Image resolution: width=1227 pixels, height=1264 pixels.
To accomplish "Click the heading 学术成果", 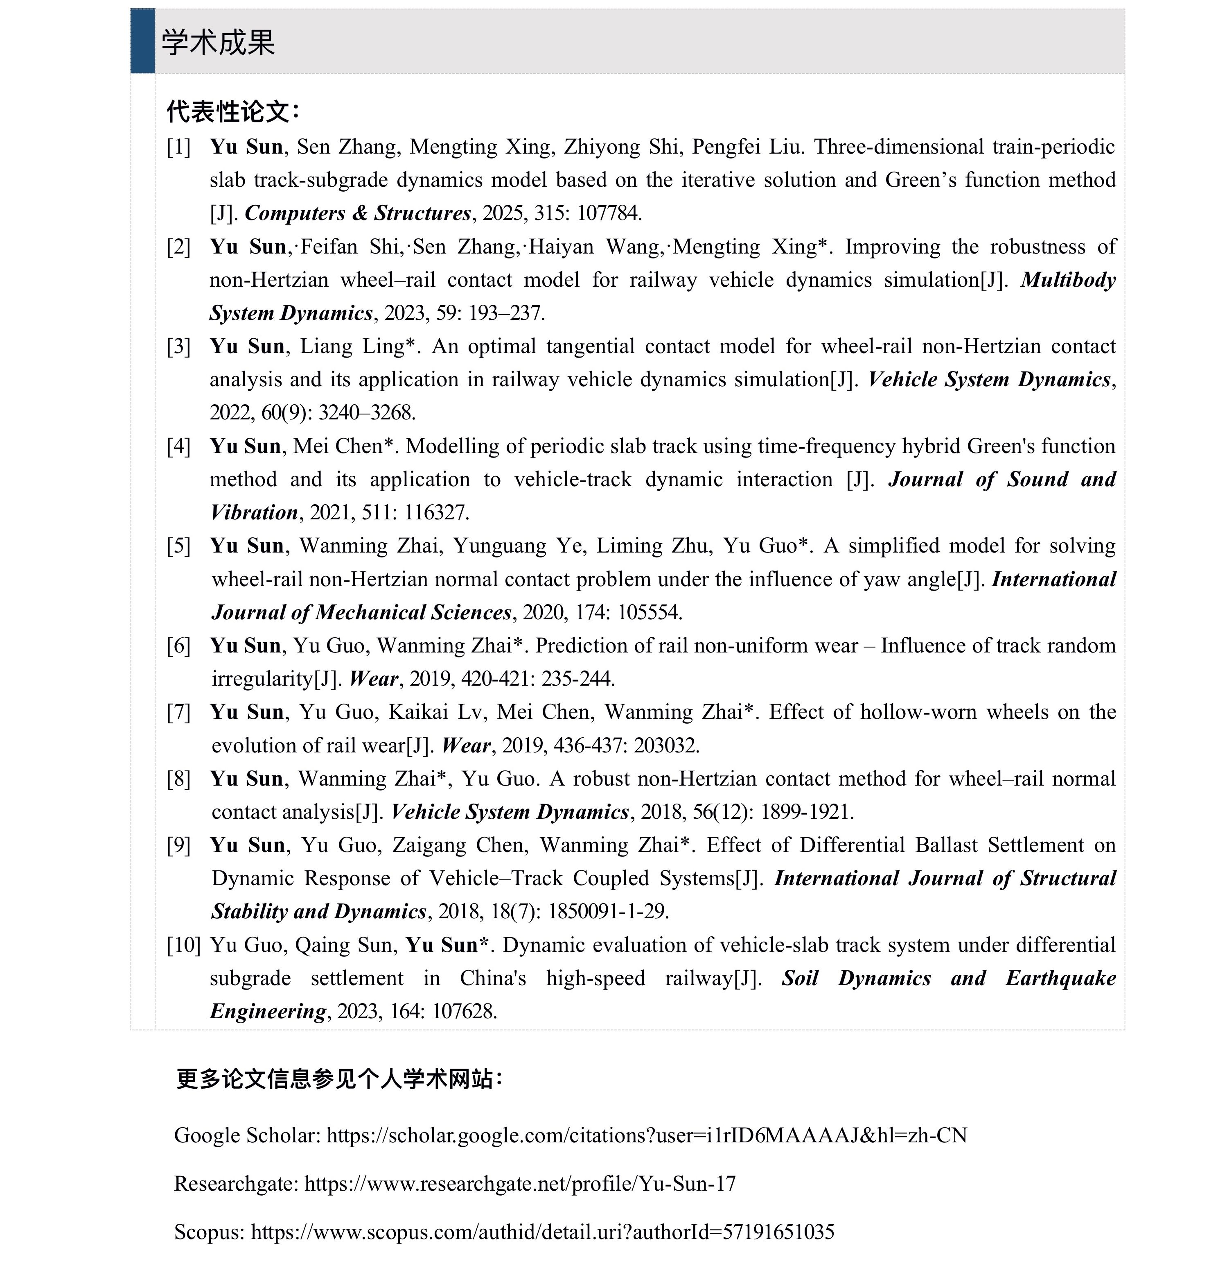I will coord(218,43).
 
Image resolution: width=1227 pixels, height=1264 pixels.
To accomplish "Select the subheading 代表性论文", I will coord(232,111).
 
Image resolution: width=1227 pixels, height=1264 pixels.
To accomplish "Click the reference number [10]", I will coord(183,945).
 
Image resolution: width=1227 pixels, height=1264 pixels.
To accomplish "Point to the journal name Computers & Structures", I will coord(358,213).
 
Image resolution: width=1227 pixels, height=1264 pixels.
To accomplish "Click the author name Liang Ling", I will coord(357,347).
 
